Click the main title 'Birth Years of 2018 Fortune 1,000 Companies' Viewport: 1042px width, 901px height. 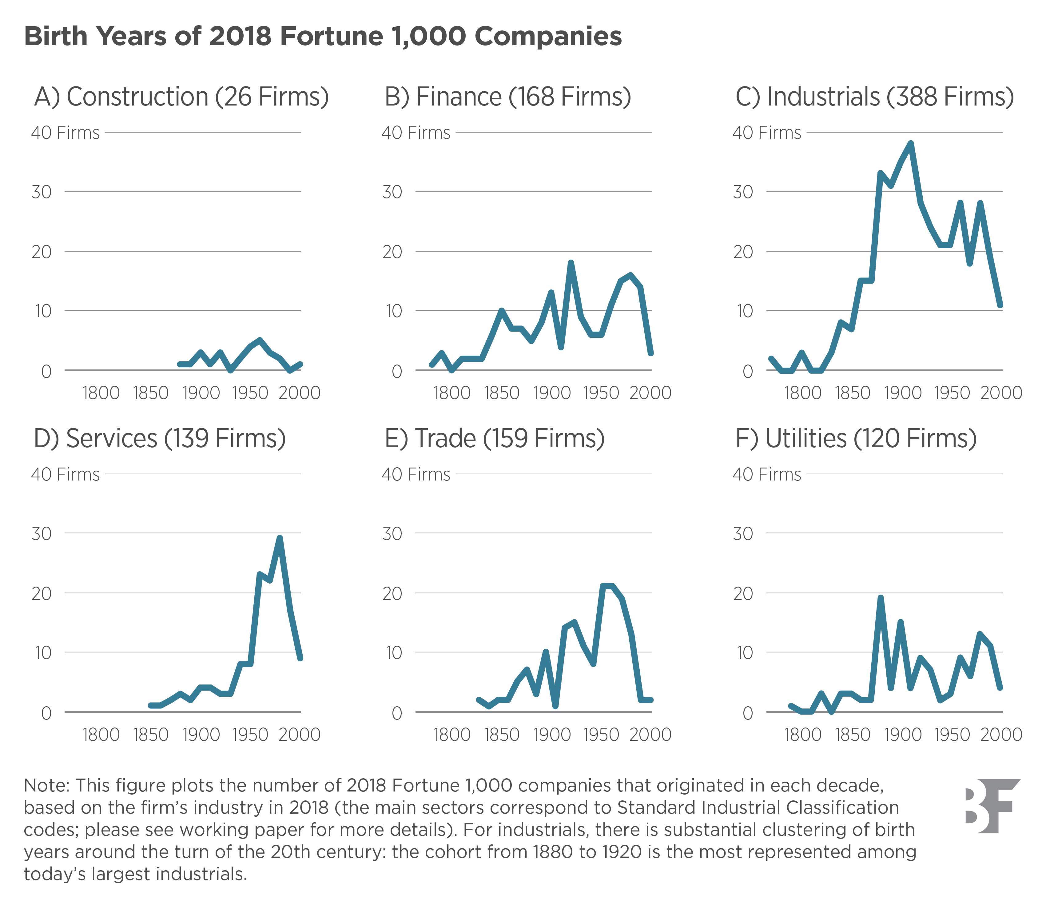[x=323, y=37]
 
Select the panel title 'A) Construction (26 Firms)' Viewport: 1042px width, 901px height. [x=181, y=97]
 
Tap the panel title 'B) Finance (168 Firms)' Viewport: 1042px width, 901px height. [x=507, y=97]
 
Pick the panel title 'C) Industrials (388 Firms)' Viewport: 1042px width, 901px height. [x=874, y=97]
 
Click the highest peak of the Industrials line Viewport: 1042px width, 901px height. [x=911, y=143]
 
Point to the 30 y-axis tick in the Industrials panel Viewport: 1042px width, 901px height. [x=743, y=192]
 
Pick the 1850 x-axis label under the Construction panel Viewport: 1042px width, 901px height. [x=150, y=393]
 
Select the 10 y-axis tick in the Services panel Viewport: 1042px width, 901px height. [x=42, y=653]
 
